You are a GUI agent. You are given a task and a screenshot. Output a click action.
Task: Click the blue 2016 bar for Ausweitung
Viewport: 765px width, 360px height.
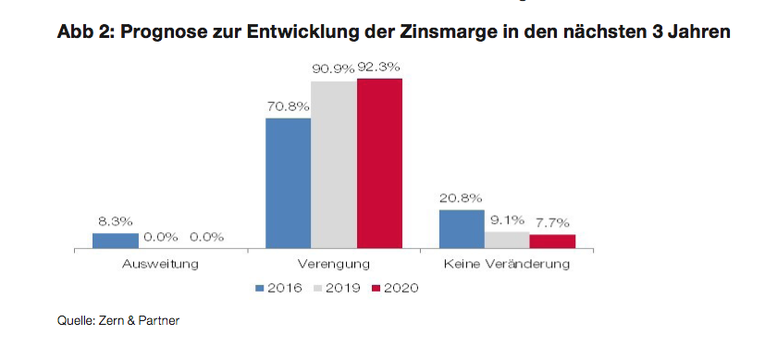point(116,241)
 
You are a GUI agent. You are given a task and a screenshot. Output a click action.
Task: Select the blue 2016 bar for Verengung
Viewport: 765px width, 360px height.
point(288,183)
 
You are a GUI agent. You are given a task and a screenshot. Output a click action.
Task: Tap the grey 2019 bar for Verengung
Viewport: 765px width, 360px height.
point(334,165)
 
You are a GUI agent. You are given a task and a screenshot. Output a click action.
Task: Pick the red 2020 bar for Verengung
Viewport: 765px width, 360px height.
point(379,164)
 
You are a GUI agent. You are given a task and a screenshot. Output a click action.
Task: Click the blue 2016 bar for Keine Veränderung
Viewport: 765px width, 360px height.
point(462,230)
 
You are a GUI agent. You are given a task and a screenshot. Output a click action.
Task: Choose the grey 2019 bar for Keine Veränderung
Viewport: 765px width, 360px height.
point(507,240)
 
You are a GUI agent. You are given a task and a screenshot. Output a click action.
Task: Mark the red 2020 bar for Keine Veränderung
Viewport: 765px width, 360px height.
point(553,242)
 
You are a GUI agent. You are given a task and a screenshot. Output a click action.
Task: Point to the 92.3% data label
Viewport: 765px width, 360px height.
point(379,68)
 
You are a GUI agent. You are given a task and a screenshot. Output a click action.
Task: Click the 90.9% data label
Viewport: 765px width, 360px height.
point(333,68)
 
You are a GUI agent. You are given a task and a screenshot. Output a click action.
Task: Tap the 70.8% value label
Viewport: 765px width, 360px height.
point(288,106)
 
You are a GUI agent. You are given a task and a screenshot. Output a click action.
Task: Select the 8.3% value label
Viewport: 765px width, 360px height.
point(116,221)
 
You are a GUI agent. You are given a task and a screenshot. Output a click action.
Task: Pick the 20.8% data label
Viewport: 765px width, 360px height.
point(461,198)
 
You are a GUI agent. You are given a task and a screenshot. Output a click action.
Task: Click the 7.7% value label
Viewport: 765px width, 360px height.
point(553,223)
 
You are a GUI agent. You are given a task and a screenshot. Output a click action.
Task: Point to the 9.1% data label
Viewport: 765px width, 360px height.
point(507,220)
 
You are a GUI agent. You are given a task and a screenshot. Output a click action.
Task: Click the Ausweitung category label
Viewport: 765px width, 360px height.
point(161,265)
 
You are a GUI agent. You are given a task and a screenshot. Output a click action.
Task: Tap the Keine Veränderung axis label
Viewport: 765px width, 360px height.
point(507,265)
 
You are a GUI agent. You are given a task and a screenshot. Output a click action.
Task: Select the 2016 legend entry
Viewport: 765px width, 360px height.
point(279,289)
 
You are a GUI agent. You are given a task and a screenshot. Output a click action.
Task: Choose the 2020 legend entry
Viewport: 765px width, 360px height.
point(395,289)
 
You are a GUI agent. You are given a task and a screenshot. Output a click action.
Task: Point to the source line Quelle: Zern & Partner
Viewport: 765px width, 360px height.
point(118,320)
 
